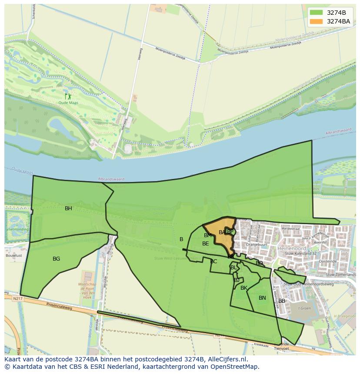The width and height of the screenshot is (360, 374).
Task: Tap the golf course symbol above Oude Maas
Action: coord(68,96)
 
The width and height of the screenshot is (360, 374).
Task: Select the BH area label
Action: coord(68,209)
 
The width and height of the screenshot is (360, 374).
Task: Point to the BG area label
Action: coord(56,259)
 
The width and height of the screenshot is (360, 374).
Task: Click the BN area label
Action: coord(262,298)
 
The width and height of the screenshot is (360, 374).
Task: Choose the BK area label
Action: coord(244,288)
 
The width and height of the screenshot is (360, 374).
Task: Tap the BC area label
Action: coord(213,261)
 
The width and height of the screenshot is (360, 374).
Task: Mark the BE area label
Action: coord(206,244)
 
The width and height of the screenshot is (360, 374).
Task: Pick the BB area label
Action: coord(282,301)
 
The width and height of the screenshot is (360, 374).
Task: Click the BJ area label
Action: coord(237,280)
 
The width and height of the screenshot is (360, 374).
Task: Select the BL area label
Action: coord(233,268)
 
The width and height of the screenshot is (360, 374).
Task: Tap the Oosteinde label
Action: coord(328,261)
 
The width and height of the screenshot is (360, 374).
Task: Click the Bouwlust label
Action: coord(14,256)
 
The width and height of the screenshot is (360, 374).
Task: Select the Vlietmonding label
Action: coord(17,229)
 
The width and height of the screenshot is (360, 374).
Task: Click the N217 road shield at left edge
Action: coord(17,298)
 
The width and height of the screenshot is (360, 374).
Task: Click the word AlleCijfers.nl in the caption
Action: coord(226,359)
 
